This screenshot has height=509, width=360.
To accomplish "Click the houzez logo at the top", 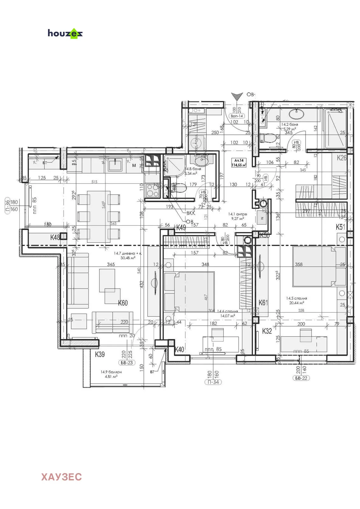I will [x=65, y=33].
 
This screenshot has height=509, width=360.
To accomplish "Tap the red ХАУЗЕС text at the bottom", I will [x=61, y=477].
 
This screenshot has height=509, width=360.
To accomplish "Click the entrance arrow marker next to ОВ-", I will [x=236, y=96].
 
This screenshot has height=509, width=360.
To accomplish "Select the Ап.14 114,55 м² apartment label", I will [x=239, y=163].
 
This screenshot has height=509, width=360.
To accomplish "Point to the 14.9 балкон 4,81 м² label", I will [x=111, y=374].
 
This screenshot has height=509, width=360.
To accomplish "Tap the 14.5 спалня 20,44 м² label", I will [x=296, y=301].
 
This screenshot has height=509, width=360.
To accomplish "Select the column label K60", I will [x=123, y=303].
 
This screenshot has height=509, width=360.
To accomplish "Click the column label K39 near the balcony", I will [x=100, y=354].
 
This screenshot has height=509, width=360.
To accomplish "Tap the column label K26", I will [x=342, y=158].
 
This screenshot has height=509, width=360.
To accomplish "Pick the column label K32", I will [x=267, y=331].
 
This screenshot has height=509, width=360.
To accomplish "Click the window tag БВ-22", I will [x=301, y=378].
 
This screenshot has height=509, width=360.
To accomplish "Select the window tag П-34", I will [x=213, y=382].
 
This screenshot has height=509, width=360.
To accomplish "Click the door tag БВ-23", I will [x=127, y=363].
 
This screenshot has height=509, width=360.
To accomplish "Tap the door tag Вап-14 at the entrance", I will [x=236, y=116].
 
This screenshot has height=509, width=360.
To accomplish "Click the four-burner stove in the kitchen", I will [x=152, y=191].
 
